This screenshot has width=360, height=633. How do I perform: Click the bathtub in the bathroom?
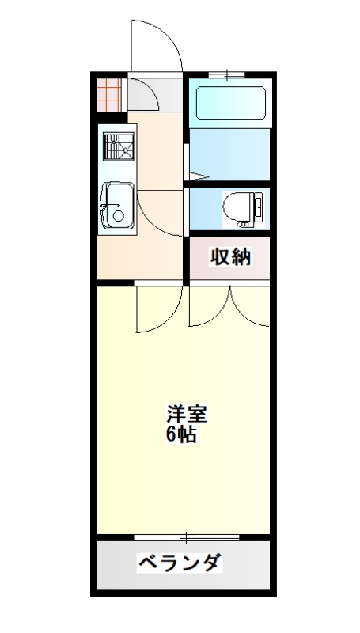pyautogui.click(x=228, y=103)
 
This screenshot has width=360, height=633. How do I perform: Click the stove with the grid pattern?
pyautogui.click(x=118, y=148)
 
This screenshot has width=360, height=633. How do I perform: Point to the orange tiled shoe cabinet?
pyautogui.click(x=110, y=94)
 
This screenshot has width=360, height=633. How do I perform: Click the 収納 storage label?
pyautogui.click(x=229, y=257)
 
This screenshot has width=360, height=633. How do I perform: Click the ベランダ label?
pyautogui.click(x=180, y=563)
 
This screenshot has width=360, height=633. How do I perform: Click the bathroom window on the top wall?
pyautogui.click(x=227, y=76)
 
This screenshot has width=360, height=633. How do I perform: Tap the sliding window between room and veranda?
pyautogui.click(x=187, y=538)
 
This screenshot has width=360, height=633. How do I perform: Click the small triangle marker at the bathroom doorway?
pyautogui.click(x=197, y=176)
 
